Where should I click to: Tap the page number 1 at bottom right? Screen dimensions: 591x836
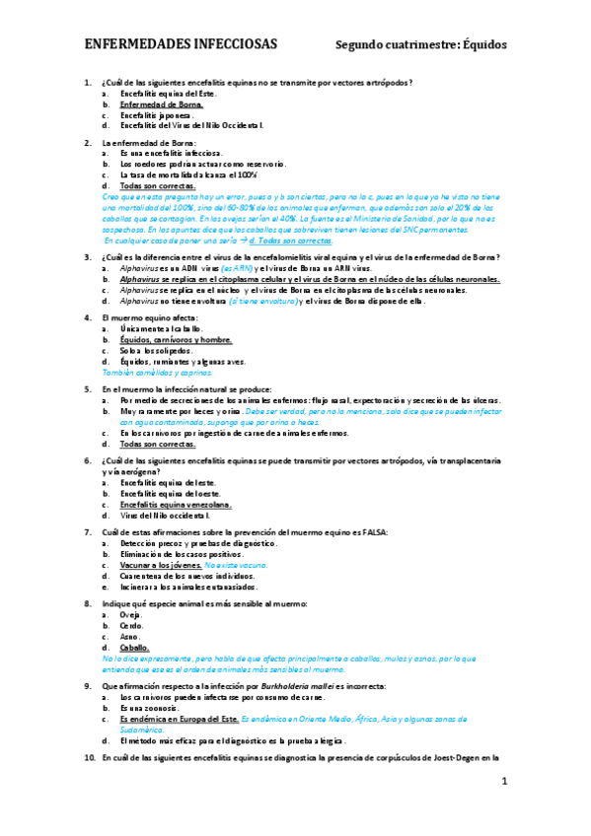[503, 781]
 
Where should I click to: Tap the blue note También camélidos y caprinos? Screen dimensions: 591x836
[159, 374]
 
